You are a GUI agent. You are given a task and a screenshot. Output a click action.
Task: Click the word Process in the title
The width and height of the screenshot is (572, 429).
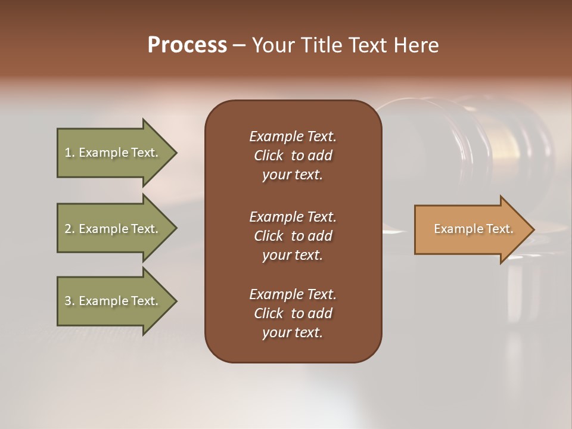pos(187,45)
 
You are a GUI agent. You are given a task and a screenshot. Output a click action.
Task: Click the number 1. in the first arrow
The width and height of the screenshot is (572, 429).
pos(69,153)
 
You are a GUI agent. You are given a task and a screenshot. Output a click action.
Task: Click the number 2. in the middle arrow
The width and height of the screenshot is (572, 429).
pos(69,229)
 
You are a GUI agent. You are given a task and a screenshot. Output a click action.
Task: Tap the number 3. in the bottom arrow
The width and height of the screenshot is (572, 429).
pos(69,301)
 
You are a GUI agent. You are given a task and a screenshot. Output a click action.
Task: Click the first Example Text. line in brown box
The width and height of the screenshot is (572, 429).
pos(293,136)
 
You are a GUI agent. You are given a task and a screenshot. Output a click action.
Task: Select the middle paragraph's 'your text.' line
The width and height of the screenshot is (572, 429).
pos(293,255)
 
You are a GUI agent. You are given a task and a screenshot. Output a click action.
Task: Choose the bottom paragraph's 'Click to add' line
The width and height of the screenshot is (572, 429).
pos(293,313)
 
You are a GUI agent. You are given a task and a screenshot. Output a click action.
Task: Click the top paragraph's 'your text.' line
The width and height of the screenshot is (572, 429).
pos(293,175)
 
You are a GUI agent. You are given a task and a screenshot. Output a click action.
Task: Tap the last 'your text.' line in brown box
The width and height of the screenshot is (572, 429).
pos(293,332)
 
